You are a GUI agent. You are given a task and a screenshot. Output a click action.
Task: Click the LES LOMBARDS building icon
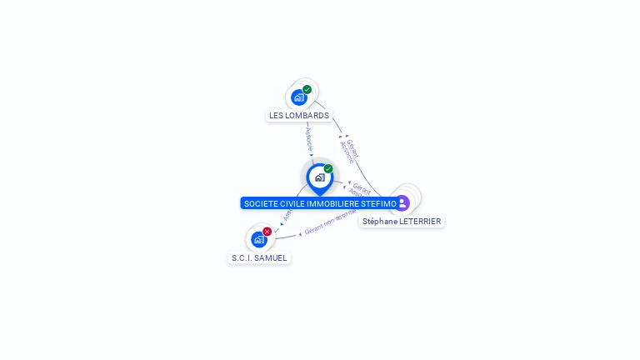[299, 97]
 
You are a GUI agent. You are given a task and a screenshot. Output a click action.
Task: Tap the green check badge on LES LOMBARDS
[307, 89]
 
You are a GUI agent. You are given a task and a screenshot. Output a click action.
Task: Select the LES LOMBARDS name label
[299, 116]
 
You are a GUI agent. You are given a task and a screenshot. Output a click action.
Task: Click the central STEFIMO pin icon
[319, 177]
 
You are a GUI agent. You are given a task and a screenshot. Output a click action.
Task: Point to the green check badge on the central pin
[328, 168]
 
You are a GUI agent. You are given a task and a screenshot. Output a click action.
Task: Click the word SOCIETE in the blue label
[258, 203]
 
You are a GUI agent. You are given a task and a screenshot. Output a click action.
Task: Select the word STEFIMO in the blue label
[380, 203]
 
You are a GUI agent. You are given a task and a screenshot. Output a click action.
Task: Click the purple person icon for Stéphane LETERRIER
[402, 202]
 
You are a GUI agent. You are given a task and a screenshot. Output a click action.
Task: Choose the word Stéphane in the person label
[380, 222]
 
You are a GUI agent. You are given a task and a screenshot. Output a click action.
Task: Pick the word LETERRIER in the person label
[420, 222]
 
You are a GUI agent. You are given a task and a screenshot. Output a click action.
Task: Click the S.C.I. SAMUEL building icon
[259, 239]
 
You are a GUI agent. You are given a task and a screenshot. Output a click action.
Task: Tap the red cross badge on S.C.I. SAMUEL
[267, 231]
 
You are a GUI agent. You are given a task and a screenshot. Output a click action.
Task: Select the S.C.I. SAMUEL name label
[259, 258]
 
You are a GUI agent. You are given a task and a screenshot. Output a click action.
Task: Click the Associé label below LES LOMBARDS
[308, 138]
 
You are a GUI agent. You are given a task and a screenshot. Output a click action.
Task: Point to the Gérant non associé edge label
[330, 223]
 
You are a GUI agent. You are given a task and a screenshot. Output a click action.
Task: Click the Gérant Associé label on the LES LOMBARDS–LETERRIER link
[350, 150]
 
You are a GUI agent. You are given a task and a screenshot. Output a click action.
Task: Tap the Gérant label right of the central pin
[361, 187]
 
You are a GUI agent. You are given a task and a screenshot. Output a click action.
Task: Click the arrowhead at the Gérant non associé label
[300, 234]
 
